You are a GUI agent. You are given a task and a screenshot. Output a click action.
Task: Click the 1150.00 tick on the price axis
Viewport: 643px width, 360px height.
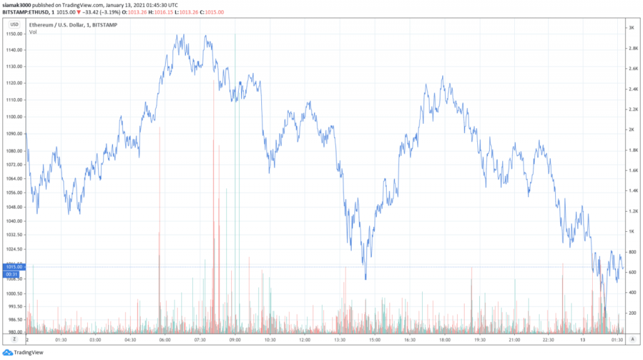pos(14,33)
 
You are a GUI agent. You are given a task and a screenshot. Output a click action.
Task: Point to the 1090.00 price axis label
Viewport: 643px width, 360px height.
pos(14,133)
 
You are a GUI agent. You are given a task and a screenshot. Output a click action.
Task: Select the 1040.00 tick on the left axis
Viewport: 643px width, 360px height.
pos(14,221)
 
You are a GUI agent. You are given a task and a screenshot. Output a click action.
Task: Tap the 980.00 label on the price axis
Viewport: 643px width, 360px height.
pos(14,332)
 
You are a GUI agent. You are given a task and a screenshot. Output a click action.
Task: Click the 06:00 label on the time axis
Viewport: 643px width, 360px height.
pos(166,340)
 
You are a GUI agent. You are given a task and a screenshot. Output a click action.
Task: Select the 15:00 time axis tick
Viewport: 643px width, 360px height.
pos(375,340)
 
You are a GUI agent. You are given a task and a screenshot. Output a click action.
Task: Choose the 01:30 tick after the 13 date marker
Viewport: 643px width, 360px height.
pos(617,340)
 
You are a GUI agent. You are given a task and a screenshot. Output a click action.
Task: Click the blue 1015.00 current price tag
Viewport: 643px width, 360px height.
pos(14,267)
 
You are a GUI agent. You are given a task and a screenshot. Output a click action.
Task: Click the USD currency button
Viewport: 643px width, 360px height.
pos(14,24)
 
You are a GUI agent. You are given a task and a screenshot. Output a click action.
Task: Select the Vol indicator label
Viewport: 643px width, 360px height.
pos(33,32)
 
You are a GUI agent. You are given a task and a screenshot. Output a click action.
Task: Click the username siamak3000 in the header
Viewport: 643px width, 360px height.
pos(17,4)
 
